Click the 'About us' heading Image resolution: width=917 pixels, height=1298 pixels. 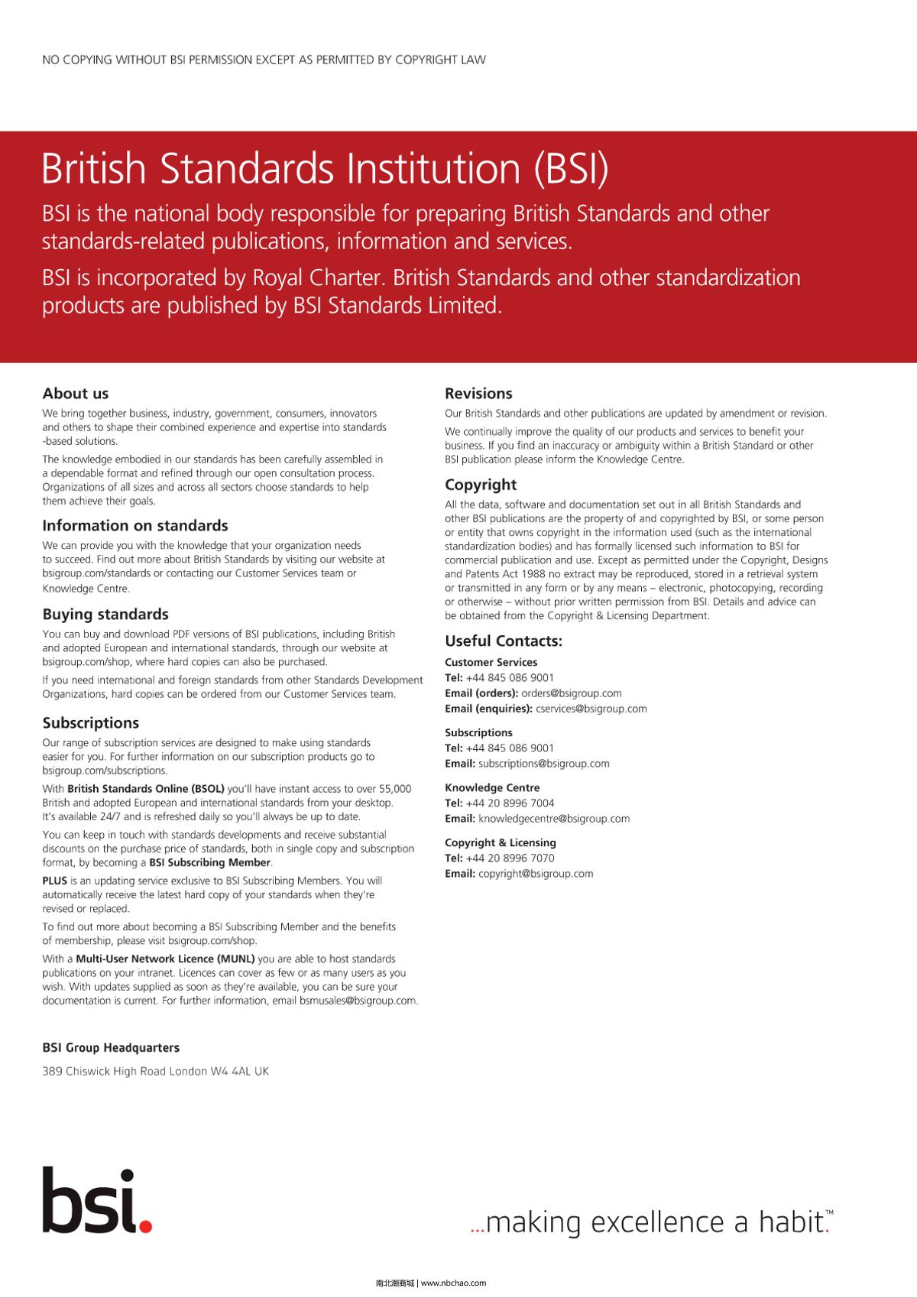coord(76,394)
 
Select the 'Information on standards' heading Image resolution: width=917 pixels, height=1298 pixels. coord(135,526)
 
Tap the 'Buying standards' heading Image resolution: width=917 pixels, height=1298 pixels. coord(105,615)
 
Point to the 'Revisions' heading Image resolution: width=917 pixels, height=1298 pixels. coord(478,394)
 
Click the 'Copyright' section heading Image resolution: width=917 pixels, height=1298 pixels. coord(481,485)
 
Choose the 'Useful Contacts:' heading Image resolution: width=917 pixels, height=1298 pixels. coord(504,641)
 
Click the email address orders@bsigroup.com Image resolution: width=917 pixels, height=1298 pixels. coord(572,693)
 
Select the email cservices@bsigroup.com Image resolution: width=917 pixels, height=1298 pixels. coord(591,709)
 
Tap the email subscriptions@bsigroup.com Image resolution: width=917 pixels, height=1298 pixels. coord(544,764)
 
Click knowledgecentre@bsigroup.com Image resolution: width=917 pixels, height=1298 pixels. coord(554,819)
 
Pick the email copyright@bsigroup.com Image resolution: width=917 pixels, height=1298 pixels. coord(536,874)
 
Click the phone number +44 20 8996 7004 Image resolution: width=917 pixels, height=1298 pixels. coord(510,803)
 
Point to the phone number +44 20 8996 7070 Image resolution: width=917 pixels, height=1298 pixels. coord(510,858)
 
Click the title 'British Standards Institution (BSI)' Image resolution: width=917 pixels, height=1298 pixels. coord(325,169)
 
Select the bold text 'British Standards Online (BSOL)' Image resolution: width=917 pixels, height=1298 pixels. coord(146,789)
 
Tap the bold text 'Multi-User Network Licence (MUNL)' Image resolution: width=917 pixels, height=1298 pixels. coord(166,959)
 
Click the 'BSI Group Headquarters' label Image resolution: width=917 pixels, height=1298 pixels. coord(111,1048)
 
